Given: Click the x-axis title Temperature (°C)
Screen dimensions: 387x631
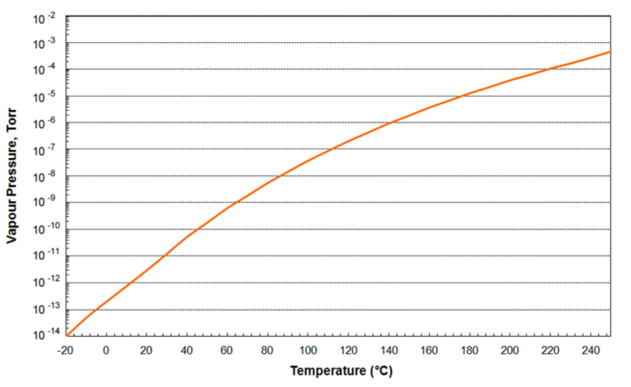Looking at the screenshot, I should pos(341,371).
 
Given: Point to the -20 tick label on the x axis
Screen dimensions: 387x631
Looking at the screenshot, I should pos(66,350).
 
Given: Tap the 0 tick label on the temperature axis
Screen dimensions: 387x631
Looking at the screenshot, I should pos(106,350).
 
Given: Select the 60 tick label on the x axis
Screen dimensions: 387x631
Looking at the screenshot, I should pos(227,350).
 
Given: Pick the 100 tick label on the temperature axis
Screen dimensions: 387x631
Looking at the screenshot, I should pos(307,350).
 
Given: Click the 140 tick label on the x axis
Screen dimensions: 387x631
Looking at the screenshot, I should pos(388,350).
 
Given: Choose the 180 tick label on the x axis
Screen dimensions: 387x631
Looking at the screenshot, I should pos(469,350).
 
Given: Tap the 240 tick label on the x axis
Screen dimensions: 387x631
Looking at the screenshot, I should pos(590,350).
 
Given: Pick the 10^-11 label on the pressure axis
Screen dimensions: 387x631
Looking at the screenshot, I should pos(44,256).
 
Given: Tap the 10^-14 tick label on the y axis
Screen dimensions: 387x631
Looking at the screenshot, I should pos(44,335).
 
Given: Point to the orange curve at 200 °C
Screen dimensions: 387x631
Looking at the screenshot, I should pos(510,81).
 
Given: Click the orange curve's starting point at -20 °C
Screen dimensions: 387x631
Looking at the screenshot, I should pos(67,336).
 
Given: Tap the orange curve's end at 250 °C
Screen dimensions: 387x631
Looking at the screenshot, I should pos(610,51).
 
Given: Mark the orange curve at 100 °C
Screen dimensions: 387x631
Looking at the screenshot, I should pos(307,161).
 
